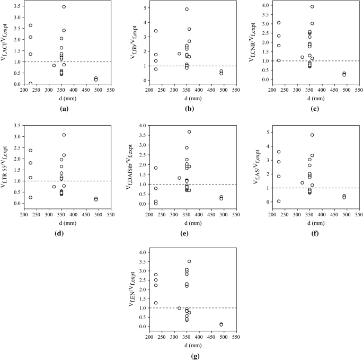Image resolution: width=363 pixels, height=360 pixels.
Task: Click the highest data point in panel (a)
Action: [x=64, y=7]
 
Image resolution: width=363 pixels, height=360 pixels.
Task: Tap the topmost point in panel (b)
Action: [x=187, y=9]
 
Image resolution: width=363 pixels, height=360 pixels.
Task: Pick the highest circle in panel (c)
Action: [x=312, y=7]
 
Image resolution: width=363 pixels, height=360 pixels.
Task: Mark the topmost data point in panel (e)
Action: [x=189, y=131]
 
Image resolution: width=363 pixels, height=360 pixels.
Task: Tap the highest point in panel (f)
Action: [x=312, y=135]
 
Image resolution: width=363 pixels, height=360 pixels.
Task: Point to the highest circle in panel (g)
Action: [x=189, y=261]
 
